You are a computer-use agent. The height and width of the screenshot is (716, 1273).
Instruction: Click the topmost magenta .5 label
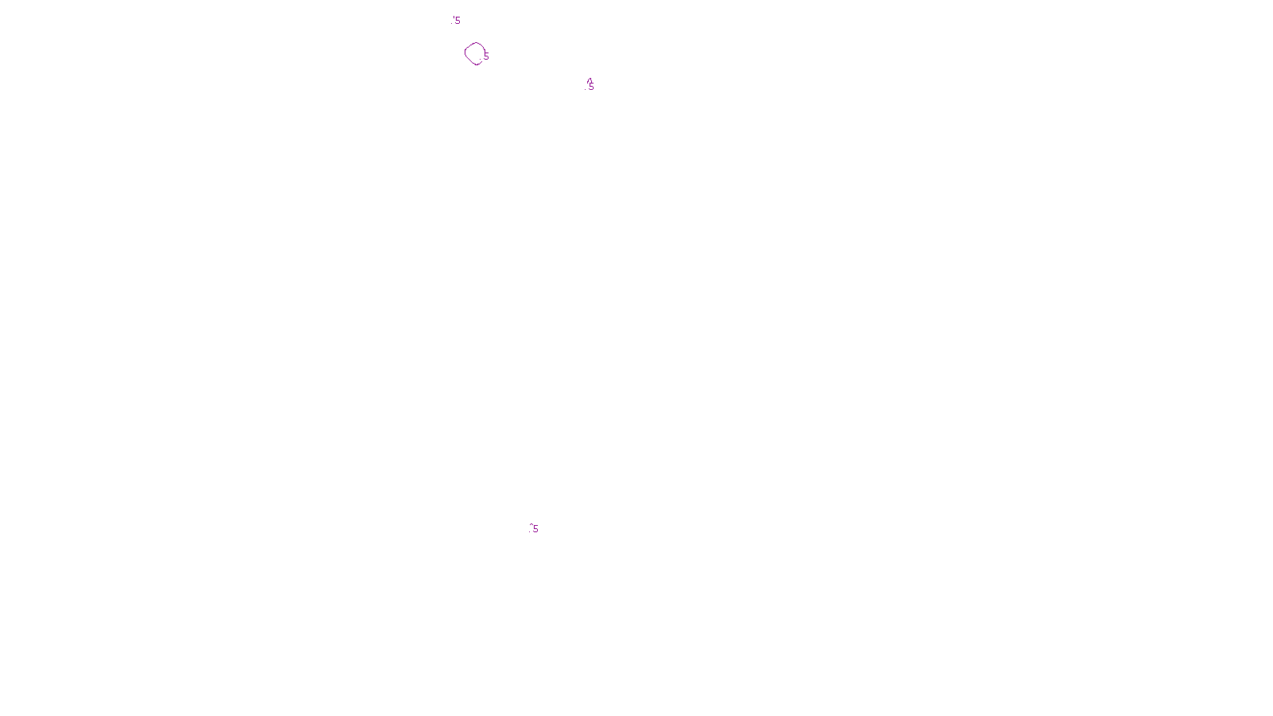pyautogui.click(x=456, y=21)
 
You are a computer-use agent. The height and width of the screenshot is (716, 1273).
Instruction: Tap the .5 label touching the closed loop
pyautogui.click(x=485, y=57)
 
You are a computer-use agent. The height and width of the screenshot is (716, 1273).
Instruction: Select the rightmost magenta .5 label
pyautogui.click(x=590, y=87)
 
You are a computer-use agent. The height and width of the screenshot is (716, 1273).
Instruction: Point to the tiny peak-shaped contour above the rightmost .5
pyautogui.click(x=590, y=80)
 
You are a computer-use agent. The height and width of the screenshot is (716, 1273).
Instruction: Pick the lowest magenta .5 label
pyautogui.click(x=534, y=529)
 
